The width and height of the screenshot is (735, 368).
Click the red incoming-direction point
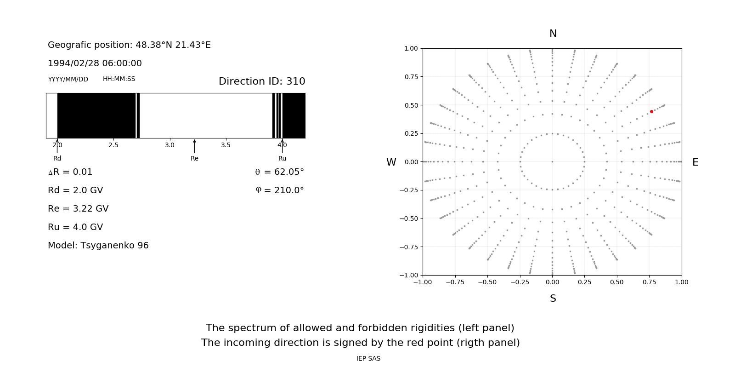pos(651,112)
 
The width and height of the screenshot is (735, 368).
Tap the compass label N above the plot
pos(553,34)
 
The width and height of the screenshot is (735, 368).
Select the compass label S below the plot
pos(553,299)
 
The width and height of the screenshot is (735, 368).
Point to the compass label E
pos(695,162)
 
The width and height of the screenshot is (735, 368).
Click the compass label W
pos(391,162)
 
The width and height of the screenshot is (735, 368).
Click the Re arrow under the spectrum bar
pos(194,146)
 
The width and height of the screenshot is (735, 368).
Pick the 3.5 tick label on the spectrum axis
pos(226,145)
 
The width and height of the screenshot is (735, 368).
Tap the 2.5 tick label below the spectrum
pos(113,145)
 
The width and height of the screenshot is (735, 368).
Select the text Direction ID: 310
pos(262,81)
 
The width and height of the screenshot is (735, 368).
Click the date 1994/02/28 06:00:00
pos(95,63)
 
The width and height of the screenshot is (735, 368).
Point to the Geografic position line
pos(129,45)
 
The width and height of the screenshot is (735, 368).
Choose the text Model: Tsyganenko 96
pos(98,245)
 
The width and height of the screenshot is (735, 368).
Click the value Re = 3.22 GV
pos(78,208)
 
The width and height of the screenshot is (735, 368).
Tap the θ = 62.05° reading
pos(279,172)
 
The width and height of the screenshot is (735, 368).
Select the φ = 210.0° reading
pos(280,190)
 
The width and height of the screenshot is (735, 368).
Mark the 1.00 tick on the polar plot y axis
pos(411,48)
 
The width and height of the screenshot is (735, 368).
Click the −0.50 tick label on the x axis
pos(487,282)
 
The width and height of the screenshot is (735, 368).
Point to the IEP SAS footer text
pos(368,358)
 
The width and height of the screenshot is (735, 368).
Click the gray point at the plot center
pos(552,161)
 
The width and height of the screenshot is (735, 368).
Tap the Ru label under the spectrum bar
pos(282,158)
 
